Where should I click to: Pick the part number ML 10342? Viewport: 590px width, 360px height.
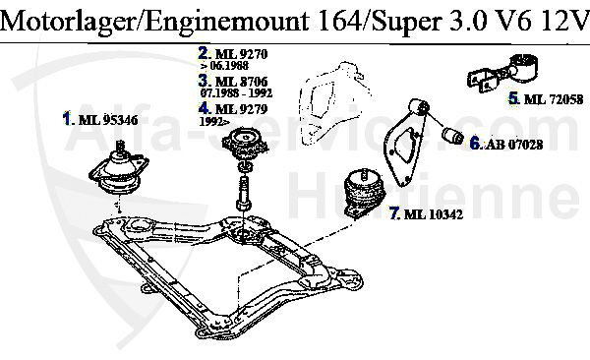(x=430, y=212)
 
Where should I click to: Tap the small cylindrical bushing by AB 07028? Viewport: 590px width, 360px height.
(x=452, y=134)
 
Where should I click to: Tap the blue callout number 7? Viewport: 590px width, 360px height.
(x=393, y=212)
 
